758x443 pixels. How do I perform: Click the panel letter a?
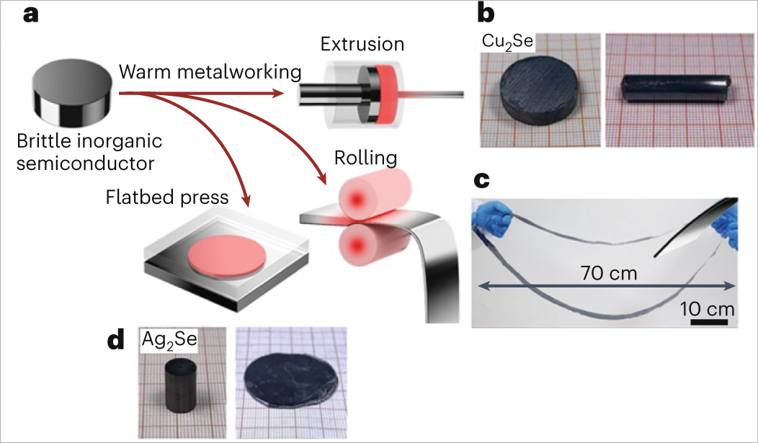coord(30,14)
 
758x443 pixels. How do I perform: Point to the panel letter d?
coord(117,341)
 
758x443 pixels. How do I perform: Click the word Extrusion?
coord(362,45)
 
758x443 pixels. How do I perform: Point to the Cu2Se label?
coord(507,41)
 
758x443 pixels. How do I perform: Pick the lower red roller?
coord(364,245)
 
